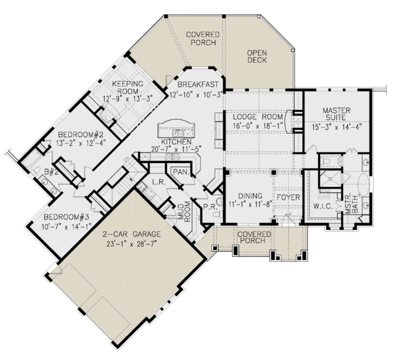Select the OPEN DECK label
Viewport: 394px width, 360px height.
[257, 56]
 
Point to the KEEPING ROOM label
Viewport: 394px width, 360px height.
[128, 87]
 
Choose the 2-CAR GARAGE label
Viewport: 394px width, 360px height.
[131, 234]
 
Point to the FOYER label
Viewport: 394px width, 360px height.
[288, 197]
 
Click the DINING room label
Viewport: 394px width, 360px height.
[251, 196]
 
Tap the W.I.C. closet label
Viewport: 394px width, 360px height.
[323, 207]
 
